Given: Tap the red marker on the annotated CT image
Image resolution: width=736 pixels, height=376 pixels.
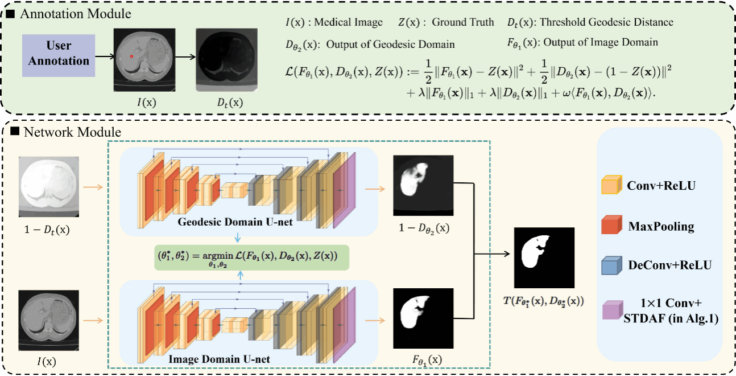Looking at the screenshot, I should coord(132,56).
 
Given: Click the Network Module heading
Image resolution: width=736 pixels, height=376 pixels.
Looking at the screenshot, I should coord(71,133).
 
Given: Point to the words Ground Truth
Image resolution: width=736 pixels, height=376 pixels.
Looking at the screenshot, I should coord(463,23).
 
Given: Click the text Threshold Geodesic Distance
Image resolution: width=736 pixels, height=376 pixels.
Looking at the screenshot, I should coord(606,23).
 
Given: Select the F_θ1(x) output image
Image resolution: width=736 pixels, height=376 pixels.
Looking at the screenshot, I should coord(423,318).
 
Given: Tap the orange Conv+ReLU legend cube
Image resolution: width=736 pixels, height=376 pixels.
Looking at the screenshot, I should coord(610,186).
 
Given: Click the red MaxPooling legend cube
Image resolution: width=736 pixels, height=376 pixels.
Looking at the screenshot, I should coord(610,226).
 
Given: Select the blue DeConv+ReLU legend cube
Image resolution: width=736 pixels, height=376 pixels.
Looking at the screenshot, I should coord(610,265).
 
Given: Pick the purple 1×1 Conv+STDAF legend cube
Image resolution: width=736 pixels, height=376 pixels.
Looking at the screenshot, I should coord(610,310).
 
